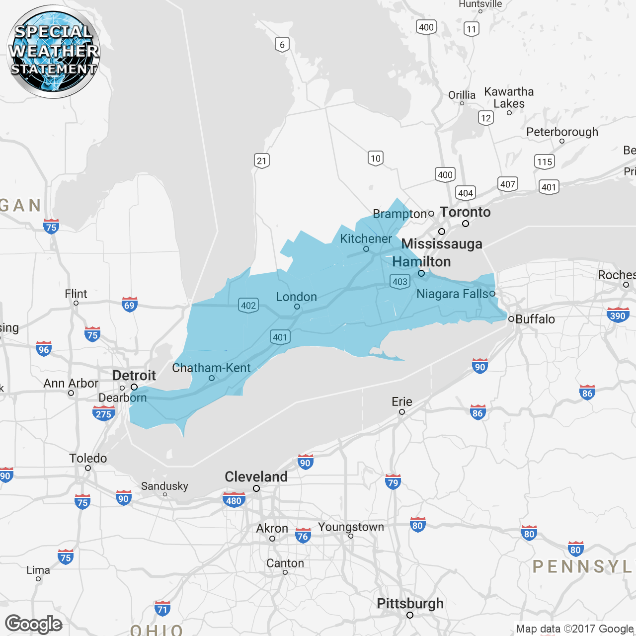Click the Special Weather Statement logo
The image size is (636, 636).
tap(53, 51)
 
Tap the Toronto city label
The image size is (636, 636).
tap(465, 212)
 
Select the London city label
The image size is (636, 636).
tap(296, 297)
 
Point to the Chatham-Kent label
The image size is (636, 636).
tap(211, 368)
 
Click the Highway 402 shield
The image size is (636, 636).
tap(248, 305)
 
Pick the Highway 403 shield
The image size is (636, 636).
tap(399, 282)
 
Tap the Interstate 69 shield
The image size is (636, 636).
tap(129, 305)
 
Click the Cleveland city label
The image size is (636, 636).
tap(256, 477)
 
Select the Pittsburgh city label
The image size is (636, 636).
tap(410, 604)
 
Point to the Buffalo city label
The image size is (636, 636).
tap(535, 319)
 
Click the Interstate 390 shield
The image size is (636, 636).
tap(618, 315)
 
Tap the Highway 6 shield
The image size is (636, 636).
tap(282, 45)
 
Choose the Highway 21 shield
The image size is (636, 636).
tap(261, 160)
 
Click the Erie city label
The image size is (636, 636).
tap(401, 401)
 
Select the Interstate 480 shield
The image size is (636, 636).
tap(234, 500)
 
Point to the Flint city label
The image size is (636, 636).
tap(76, 294)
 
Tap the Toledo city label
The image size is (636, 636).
tap(88, 458)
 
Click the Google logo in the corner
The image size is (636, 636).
tap(34, 624)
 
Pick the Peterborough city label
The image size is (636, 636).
tap(562, 132)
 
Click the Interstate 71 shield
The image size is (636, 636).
tap(162, 608)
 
